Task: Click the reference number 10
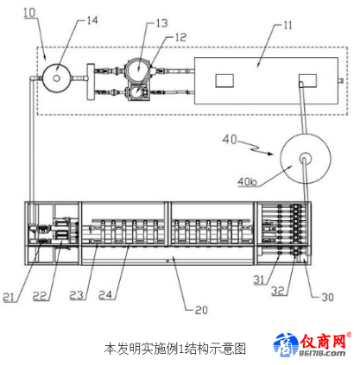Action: pyautogui.click(x=29, y=13)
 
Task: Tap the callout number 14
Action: pyautogui.click(x=92, y=21)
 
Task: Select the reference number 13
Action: pyautogui.click(x=162, y=23)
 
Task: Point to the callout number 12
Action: pyautogui.click(x=181, y=37)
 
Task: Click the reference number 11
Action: pyautogui.click(x=287, y=25)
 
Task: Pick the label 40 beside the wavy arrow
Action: pyautogui.click(x=230, y=140)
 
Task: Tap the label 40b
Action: pyautogui.click(x=248, y=181)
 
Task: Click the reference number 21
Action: pyautogui.click(x=9, y=297)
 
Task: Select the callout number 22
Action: pyautogui.click(x=40, y=296)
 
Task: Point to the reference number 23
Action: pyautogui.click(x=77, y=295)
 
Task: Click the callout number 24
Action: pyautogui.click(x=105, y=295)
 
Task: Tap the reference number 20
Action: pyautogui.click(x=201, y=310)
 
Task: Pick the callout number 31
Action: pyautogui.click(x=259, y=280)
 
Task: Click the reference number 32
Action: pyautogui.click(x=278, y=291)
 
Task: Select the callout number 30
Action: pyautogui.click(x=328, y=297)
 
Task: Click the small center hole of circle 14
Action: pyautogui.click(x=57, y=78)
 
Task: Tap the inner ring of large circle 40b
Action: pyautogui.click(x=306, y=154)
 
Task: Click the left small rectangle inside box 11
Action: pyautogui.click(x=224, y=81)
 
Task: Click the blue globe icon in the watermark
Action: pyautogui.click(x=286, y=344)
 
